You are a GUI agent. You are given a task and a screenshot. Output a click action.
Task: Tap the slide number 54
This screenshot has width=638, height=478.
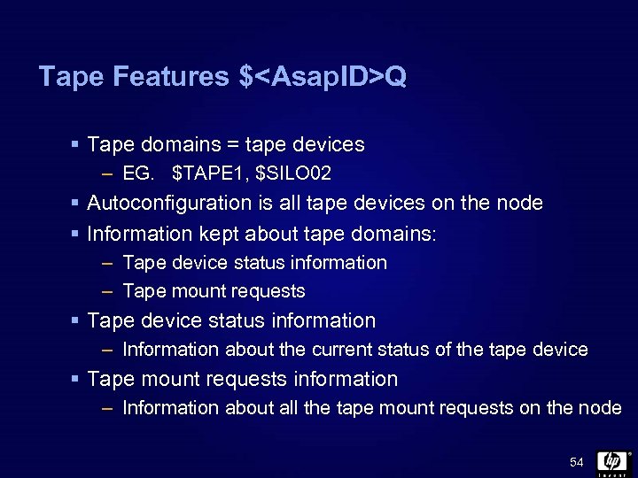pyautogui.click(x=577, y=463)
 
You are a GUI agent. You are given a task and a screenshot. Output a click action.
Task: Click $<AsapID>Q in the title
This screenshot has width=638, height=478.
pyautogui.click(x=323, y=78)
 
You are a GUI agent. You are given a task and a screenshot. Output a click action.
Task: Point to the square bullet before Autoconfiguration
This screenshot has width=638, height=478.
pyautogui.click(x=76, y=204)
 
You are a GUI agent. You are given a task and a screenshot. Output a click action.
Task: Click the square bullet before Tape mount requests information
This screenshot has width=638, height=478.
pyautogui.click(x=76, y=380)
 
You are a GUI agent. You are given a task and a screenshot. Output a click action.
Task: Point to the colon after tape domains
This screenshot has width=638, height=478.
pyautogui.click(x=437, y=234)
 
